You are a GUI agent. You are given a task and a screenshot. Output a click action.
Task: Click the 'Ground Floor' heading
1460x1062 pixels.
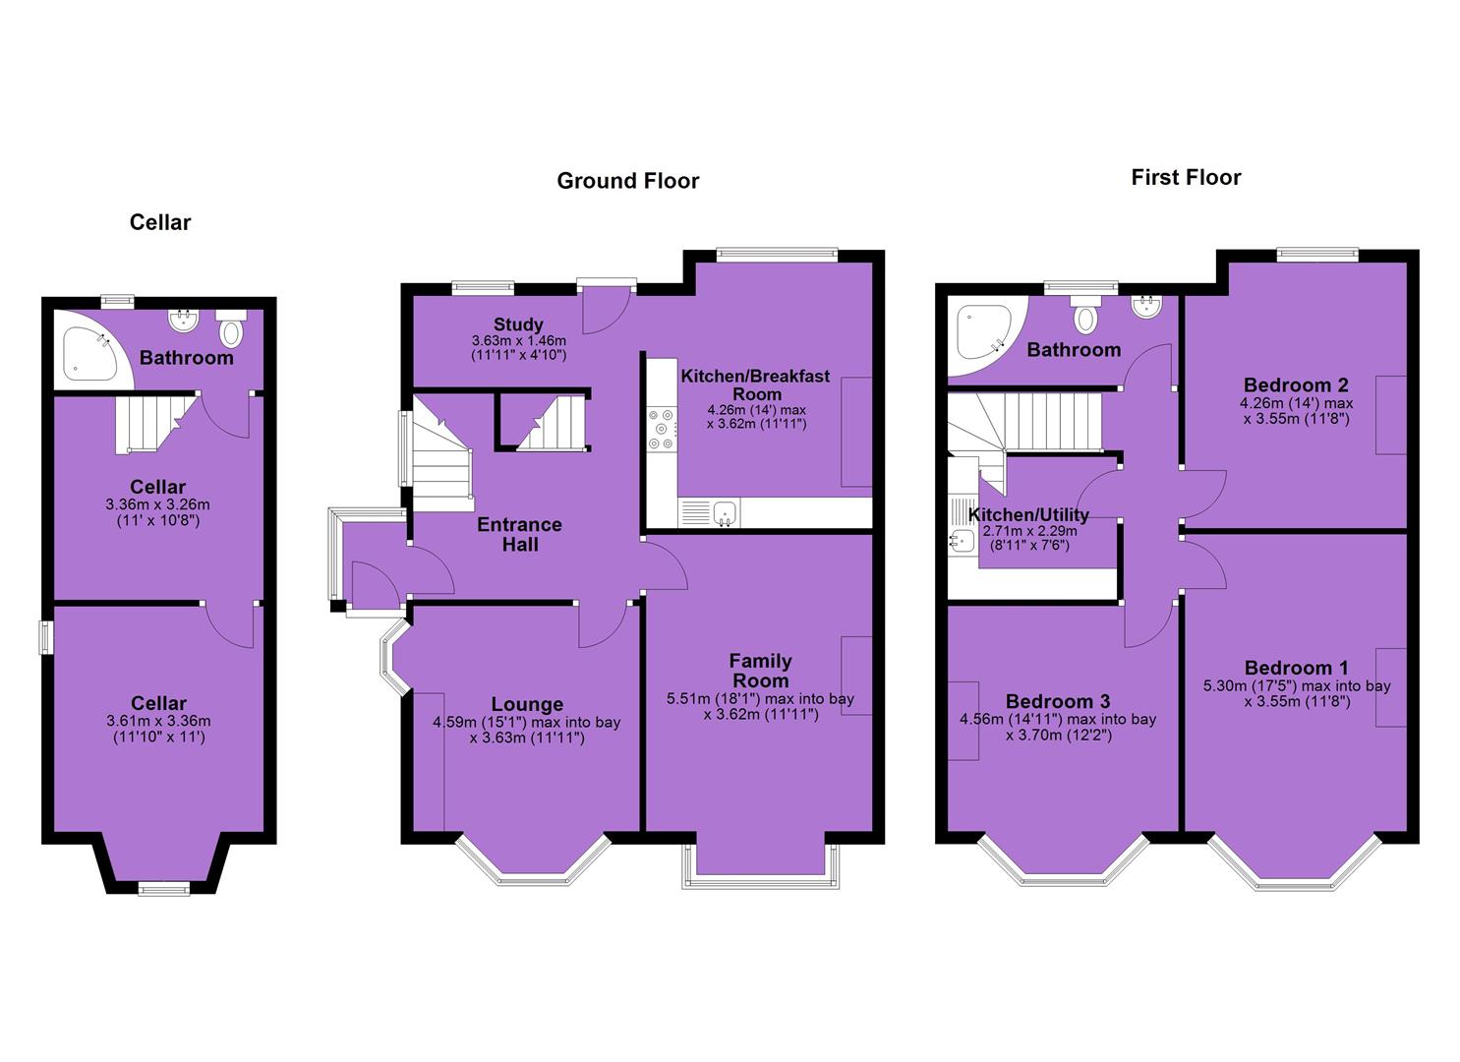pyautogui.click(x=627, y=181)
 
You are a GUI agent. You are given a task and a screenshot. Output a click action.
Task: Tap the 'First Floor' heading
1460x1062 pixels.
pyautogui.click(x=1186, y=177)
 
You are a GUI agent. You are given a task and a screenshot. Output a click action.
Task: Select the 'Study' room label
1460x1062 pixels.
pyautogui.click(x=518, y=324)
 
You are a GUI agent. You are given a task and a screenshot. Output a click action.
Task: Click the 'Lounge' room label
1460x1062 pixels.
pyautogui.click(x=527, y=704)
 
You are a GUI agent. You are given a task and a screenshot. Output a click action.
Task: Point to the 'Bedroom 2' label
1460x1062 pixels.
pyautogui.click(x=1296, y=384)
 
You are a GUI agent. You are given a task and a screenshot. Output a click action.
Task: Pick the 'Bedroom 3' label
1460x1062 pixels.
pyautogui.click(x=1058, y=701)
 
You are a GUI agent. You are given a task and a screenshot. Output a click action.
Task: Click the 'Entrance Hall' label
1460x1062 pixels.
pyautogui.click(x=519, y=534)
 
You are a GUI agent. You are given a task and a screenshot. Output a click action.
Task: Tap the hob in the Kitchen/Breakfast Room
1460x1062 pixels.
pyautogui.click(x=663, y=429)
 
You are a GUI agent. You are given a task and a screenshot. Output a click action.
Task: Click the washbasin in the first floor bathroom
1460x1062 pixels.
pyautogui.click(x=1146, y=307)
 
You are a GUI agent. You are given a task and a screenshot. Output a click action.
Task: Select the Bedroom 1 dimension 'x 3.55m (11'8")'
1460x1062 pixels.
pyautogui.click(x=1297, y=701)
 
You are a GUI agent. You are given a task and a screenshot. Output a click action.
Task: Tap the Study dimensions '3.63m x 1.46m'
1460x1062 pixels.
pyautogui.click(x=519, y=340)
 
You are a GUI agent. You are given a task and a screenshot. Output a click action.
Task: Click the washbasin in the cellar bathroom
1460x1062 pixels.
pyautogui.click(x=184, y=319)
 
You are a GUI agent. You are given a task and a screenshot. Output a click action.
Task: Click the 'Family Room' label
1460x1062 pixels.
pyautogui.click(x=760, y=671)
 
